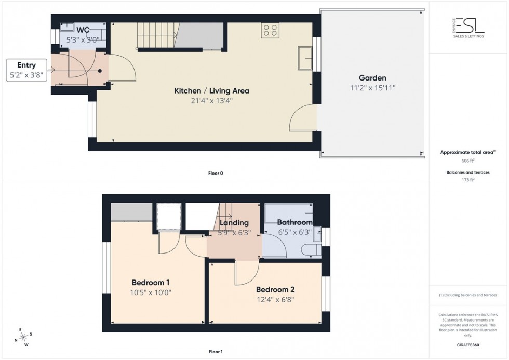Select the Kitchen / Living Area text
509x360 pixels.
[x=211, y=91]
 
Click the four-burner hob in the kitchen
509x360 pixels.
[x=270, y=30]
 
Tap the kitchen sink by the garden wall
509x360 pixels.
[x=304, y=58]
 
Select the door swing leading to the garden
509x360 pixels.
[x=303, y=118]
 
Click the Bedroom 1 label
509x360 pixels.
[x=150, y=283]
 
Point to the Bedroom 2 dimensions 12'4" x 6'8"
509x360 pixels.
[x=276, y=299]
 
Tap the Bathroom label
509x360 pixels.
[x=294, y=223]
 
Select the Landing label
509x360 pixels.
[x=234, y=223]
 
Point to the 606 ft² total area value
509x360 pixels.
[x=468, y=161]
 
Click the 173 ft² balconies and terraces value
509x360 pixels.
[x=468, y=180]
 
